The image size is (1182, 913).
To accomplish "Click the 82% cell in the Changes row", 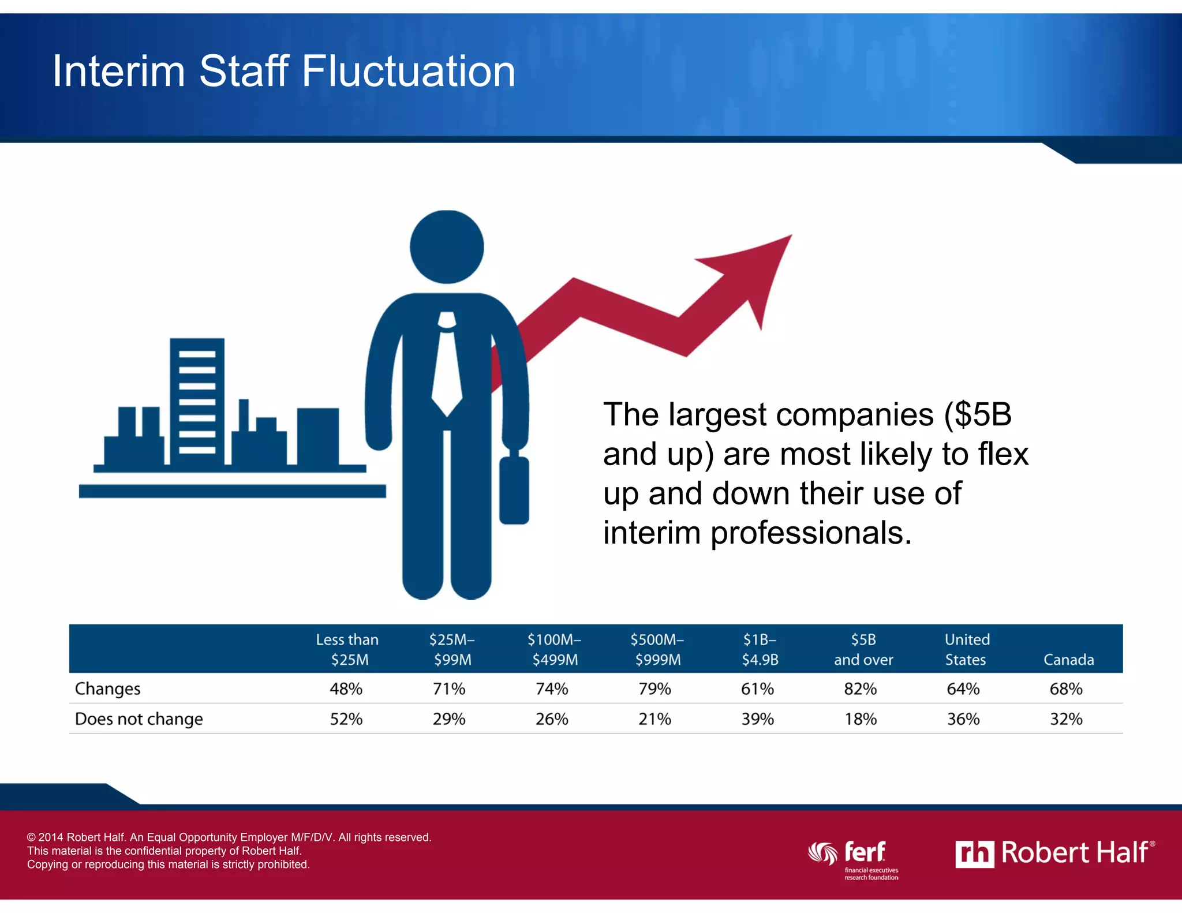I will coord(860,689).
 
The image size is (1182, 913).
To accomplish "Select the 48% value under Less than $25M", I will coord(346,689).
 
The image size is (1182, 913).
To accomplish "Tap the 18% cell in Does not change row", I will coord(860,719).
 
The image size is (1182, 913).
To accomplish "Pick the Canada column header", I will coord(1068,660).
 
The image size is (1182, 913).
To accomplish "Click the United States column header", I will coord(967,649).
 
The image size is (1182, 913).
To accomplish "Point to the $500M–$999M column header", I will coord(657,649).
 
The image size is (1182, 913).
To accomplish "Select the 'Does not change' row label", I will coord(139,719).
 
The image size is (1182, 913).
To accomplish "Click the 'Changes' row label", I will coord(108,689).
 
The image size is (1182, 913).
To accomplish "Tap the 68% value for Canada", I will coord(1066,689).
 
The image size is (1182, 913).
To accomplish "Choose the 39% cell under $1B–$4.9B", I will coord(757,719).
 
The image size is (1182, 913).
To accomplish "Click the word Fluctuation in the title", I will coord(408,72).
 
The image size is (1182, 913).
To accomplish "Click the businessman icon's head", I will coord(447,247).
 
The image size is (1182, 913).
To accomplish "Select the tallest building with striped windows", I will coord(197,401).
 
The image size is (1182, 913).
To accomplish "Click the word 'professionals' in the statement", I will coord(811,532).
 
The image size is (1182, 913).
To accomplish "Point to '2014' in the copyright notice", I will coord(51,837).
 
